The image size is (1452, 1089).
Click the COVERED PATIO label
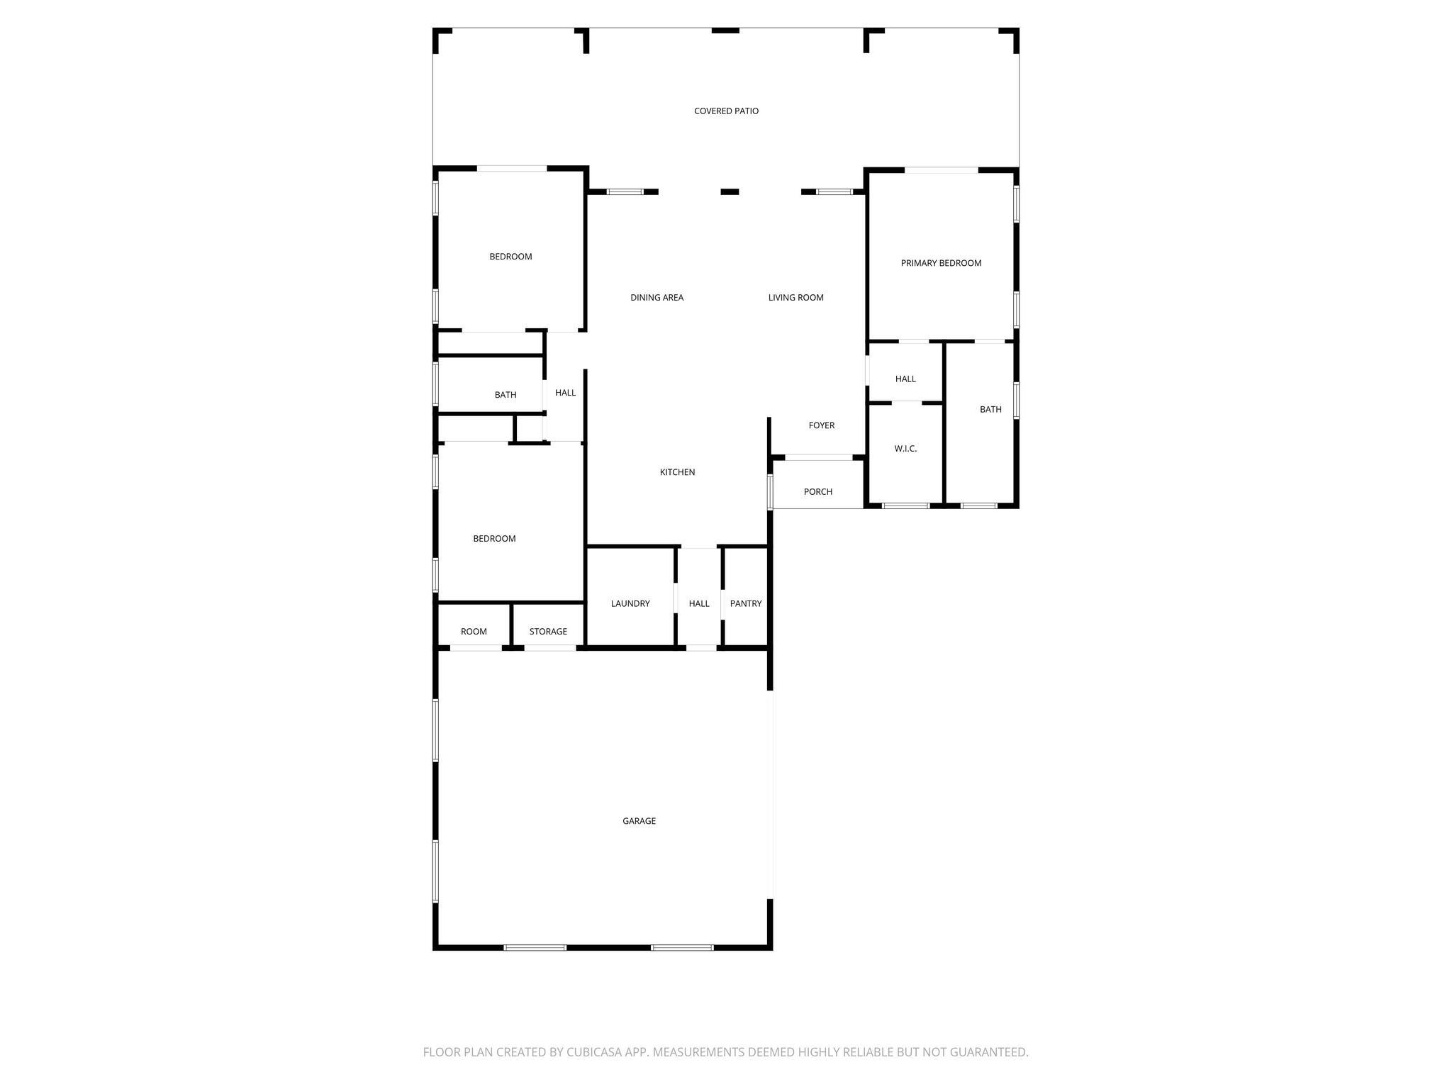pyautogui.click(x=726, y=111)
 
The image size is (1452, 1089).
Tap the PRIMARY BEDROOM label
pyautogui.click(x=941, y=263)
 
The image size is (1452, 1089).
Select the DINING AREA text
pyautogui.click(x=657, y=298)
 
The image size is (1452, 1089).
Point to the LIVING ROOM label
pyautogui.click(x=795, y=298)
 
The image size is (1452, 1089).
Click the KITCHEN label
pyautogui.click(x=677, y=472)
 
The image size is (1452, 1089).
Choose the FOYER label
pyautogui.click(x=822, y=425)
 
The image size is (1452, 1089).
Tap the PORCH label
pyautogui.click(x=817, y=492)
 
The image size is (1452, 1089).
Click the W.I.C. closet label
pyautogui.click(x=905, y=449)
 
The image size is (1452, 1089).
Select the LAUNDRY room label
pyautogui.click(x=630, y=604)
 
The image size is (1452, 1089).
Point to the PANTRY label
pyautogui.click(x=746, y=604)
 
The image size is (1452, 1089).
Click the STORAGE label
pyautogui.click(x=548, y=632)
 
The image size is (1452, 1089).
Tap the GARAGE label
pyautogui.click(x=639, y=821)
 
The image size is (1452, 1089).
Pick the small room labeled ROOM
pyautogui.click(x=474, y=632)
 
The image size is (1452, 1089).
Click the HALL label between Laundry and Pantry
pyautogui.click(x=699, y=604)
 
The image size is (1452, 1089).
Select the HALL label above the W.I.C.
pyautogui.click(x=905, y=379)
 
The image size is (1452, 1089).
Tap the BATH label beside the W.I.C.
pyautogui.click(x=990, y=410)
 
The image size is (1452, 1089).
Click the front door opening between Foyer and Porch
pyautogui.click(x=818, y=457)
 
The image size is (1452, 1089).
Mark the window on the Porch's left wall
pyautogui.click(x=770, y=492)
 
